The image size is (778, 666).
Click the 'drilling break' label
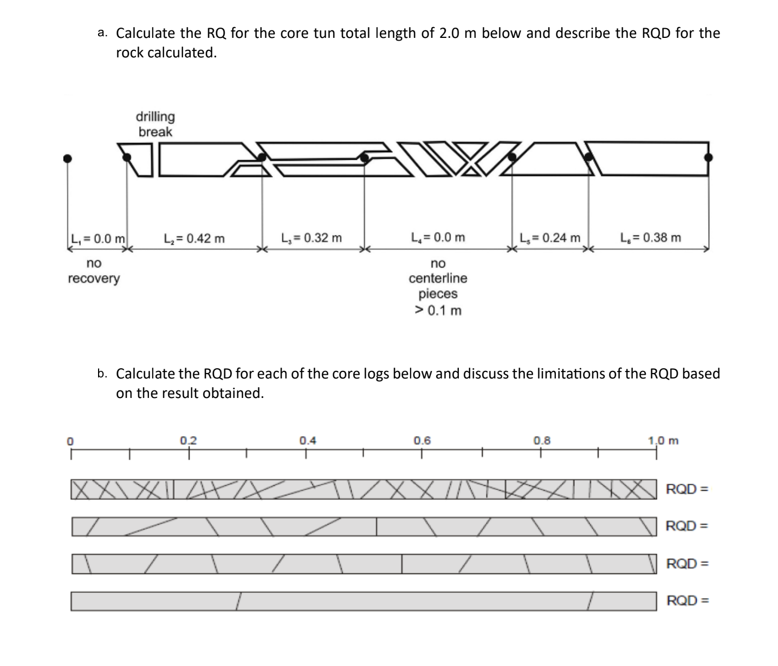click(x=155, y=124)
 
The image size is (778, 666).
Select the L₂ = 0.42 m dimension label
click(x=194, y=238)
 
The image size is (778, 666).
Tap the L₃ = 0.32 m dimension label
click(x=312, y=238)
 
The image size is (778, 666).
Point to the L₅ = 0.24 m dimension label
click(x=549, y=238)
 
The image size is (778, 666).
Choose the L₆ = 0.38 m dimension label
click(x=651, y=238)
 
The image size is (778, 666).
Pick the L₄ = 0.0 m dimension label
click(x=438, y=238)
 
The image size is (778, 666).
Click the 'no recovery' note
click(x=94, y=271)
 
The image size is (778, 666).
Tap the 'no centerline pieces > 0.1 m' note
click(x=438, y=287)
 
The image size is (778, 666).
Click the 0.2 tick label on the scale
click(x=189, y=440)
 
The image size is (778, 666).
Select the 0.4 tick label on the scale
click(x=307, y=440)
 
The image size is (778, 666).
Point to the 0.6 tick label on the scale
click(x=423, y=440)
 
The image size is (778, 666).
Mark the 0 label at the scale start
click(x=70, y=441)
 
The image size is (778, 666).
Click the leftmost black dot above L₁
click(x=67, y=158)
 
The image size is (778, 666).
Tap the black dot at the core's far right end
click(x=708, y=157)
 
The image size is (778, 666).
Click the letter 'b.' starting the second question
click(x=102, y=373)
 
